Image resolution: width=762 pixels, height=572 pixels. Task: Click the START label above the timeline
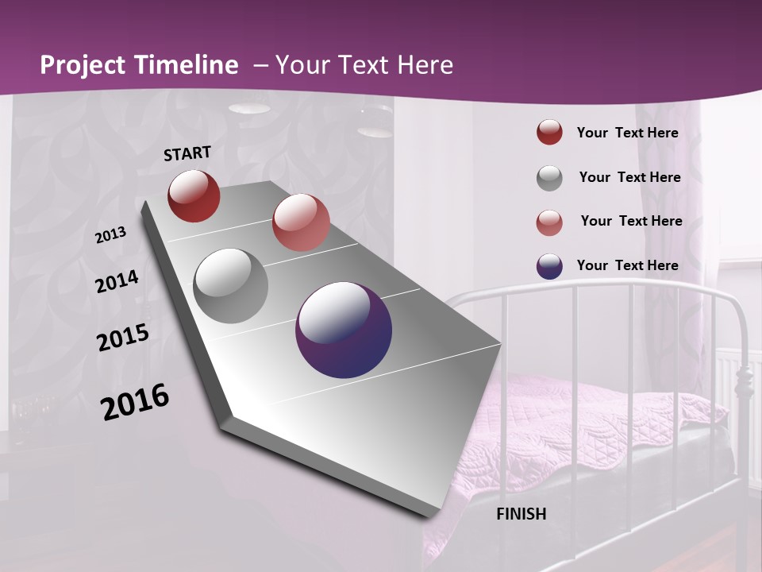[x=187, y=153]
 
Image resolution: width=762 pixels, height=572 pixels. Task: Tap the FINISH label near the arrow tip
[x=521, y=514]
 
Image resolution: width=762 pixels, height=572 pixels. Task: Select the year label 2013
[x=110, y=235]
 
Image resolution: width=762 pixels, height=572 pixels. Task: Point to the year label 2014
[x=117, y=281]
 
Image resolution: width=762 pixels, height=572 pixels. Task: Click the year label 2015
[x=123, y=338]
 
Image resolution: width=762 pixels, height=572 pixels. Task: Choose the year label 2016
[x=135, y=402]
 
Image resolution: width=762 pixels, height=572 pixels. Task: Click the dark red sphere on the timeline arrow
[x=194, y=195]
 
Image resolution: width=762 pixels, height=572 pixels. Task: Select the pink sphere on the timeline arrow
[x=301, y=222]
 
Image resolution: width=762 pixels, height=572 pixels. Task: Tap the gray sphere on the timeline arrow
[x=231, y=286]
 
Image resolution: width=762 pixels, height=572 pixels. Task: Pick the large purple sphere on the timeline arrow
[x=344, y=330]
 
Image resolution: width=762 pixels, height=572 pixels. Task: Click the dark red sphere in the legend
[x=549, y=133]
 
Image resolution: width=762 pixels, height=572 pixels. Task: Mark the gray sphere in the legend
[x=549, y=178]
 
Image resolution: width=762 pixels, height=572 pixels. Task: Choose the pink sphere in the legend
[x=549, y=222]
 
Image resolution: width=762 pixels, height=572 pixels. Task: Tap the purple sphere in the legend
[x=549, y=266]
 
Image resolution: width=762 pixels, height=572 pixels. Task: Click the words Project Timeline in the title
[x=139, y=65]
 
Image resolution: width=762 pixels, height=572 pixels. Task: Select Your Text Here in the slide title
[x=364, y=65]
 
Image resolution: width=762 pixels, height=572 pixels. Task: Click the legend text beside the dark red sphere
[x=627, y=133]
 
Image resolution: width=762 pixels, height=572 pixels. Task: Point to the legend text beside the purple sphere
[x=627, y=265]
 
